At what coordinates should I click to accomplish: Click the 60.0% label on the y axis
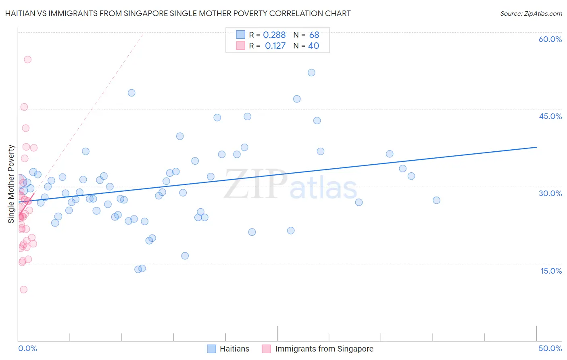550,39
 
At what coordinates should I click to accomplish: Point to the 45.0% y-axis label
550,116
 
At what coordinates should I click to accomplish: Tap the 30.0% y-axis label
550,193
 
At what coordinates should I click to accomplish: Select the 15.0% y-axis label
551,271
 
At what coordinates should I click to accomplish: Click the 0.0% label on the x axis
27,348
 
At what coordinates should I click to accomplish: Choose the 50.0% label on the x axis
550,348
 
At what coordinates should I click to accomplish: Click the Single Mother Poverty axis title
11,184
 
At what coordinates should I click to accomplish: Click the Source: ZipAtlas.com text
531,13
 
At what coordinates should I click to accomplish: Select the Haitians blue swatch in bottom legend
211,349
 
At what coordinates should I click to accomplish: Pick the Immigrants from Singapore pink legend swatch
266,349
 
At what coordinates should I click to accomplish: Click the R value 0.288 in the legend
274,35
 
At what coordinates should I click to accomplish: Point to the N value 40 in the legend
314,46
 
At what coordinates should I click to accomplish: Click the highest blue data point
311,73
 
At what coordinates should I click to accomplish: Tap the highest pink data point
27,59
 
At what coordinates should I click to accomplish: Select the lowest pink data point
23,289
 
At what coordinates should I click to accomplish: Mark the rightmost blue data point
436,200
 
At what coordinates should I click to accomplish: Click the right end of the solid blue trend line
536,147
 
